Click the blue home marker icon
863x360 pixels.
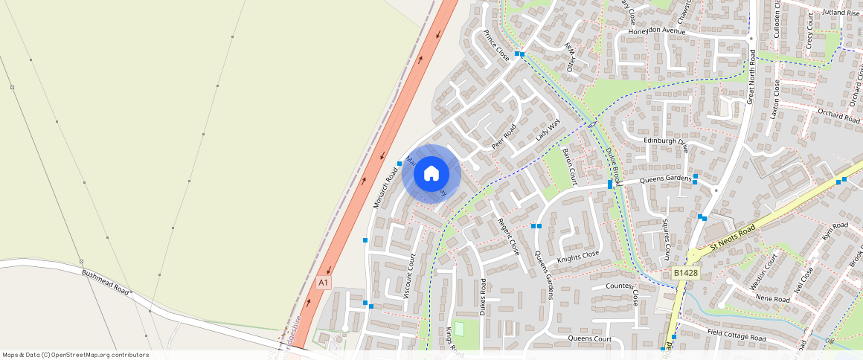tap(431, 174)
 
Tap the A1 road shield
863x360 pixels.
tap(323, 283)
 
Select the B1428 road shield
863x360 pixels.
tap(685, 273)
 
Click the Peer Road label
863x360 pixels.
tap(504, 134)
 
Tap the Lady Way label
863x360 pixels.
tap(547, 130)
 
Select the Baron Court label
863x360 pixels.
tap(570, 166)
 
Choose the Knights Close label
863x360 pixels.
tap(578, 255)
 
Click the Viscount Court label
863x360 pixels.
tap(409, 276)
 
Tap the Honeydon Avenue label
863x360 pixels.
tap(656, 31)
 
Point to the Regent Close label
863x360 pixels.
tap(508, 237)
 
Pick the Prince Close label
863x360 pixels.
tap(496, 45)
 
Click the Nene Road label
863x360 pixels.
tap(771, 299)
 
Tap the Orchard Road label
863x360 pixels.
tap(838, 115)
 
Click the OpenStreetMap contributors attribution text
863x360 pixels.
tap(75, 355)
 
